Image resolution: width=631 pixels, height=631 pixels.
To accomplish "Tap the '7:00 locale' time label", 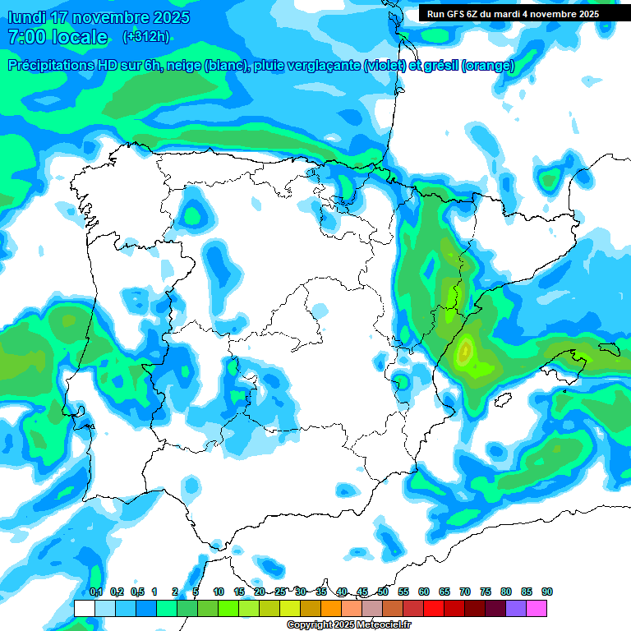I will [x=58, y=37].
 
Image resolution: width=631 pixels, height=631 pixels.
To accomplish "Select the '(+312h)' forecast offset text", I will [x=146, y=37].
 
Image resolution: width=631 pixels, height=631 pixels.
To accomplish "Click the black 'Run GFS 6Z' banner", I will [x=513, y=14].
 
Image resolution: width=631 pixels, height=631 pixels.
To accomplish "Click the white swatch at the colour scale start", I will [x=84, y=608].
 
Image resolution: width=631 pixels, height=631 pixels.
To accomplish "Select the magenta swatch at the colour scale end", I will [x=537, y=608].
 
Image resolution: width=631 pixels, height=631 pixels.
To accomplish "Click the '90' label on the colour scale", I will [x=546, y=592].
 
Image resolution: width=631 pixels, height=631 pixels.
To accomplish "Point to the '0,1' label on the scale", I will [x=96, y=592].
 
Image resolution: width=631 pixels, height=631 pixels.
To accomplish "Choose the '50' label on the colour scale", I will [x=383, y=592].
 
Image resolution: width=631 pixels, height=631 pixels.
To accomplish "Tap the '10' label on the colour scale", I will [x=218, y=592].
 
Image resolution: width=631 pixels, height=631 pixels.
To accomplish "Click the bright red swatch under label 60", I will [x=434, y=608].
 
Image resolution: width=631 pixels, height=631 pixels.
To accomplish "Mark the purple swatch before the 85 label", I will [x=516, y=608].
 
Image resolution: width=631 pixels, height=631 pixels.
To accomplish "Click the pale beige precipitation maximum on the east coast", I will [x=465, y=352].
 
